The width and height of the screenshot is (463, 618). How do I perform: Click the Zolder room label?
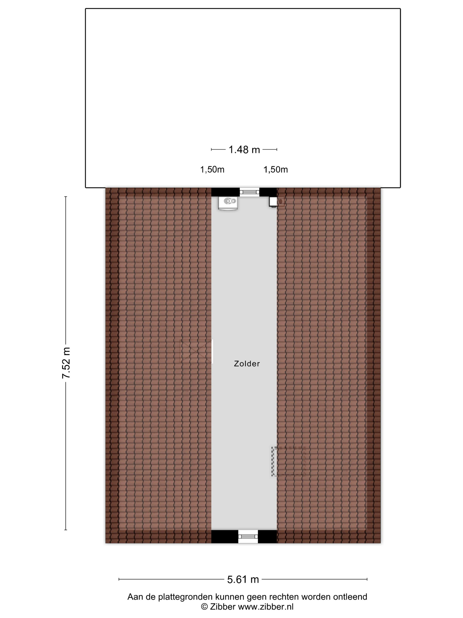tap(247, 364)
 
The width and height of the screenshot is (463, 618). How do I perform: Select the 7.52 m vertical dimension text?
tap(66, 363)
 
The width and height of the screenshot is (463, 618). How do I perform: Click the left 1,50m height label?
tap(212, 170)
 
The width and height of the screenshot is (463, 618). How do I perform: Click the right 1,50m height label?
tap(275, 170)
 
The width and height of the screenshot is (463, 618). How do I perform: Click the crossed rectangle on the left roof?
tap(196, 351)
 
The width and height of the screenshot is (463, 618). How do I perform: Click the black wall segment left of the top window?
tap(225, 192)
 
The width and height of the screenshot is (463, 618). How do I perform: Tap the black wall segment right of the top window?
tap(268, 192)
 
